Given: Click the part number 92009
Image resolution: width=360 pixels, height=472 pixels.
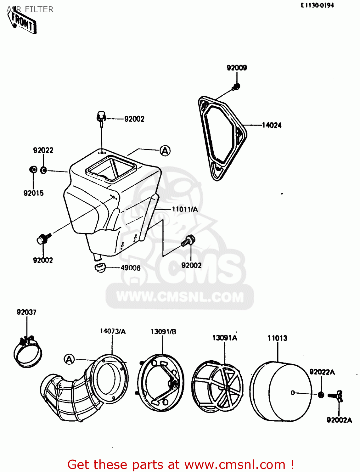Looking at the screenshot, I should [237, 68].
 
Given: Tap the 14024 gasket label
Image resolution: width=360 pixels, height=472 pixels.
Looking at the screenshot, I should [272, 125].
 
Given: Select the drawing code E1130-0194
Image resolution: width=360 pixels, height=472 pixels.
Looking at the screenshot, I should [317, 5].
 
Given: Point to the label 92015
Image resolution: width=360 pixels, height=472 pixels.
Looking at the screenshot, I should [33, 193].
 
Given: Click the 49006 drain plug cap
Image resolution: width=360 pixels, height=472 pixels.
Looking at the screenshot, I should [100, 268].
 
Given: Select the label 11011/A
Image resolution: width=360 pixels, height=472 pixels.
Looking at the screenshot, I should [185, 209].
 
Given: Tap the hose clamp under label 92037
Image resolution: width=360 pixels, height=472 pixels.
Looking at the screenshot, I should [28, 352].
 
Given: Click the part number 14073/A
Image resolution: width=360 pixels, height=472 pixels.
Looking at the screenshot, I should [113, 331].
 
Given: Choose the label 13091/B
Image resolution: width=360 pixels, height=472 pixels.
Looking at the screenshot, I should [163, 332].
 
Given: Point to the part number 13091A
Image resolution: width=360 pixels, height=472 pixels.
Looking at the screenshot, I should [225, 338].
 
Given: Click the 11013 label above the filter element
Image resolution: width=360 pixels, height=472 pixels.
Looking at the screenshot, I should [277, 338].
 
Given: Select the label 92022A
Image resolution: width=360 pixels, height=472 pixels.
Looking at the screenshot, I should [322, 372].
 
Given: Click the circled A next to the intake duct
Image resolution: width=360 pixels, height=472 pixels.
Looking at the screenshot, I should [69, 359].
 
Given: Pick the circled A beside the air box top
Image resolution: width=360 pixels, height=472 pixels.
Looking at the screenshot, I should [165, 151].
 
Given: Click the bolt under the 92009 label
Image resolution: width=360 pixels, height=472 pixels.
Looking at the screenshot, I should [236, 87].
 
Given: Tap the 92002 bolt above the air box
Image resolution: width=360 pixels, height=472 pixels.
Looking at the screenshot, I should [101, 117].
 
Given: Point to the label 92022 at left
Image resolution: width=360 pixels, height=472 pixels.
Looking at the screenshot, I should [43, 150].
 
